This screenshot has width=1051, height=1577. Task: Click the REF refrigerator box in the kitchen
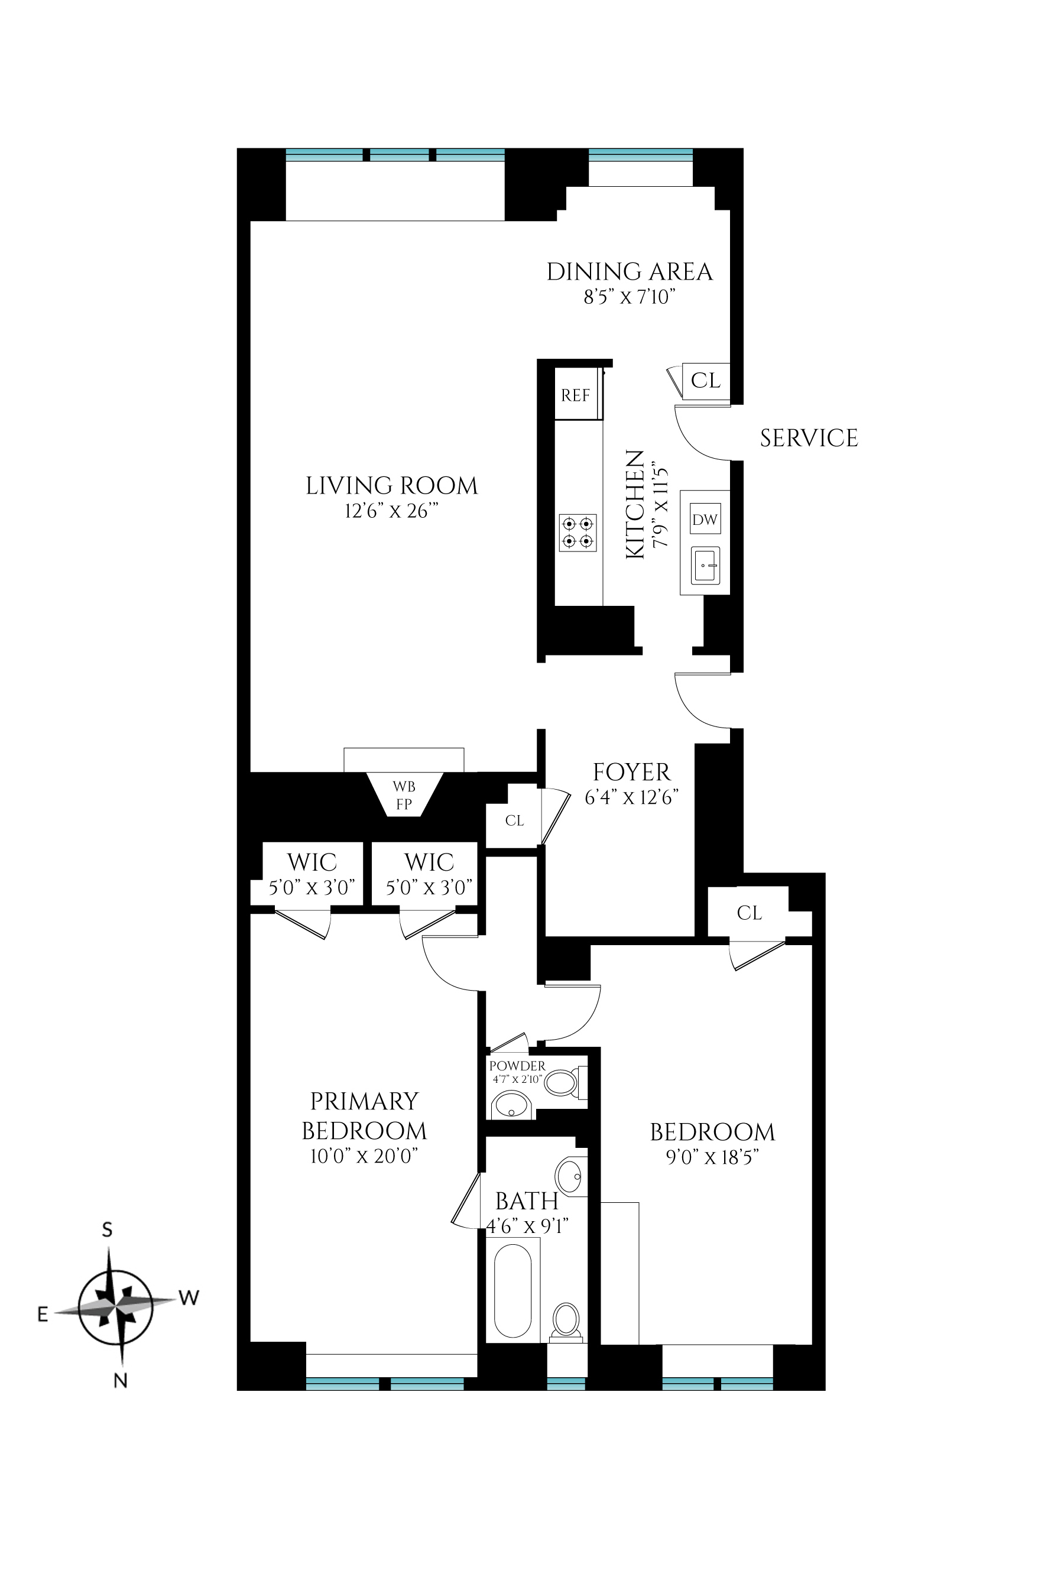(x=576, y=395)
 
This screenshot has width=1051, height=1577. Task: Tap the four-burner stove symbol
(x=577, y=533)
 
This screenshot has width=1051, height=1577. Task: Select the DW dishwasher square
(x=705, y=519)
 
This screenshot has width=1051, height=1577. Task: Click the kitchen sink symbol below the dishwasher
(x=705, y=565)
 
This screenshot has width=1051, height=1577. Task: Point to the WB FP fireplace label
(x=404, y=795)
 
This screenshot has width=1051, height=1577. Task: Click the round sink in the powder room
(x=511, y=1105)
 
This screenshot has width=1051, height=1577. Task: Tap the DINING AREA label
(x=630, y=271)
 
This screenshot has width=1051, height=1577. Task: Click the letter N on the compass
(x=120, y=1380)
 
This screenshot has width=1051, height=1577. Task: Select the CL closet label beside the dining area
(x=705, y=380)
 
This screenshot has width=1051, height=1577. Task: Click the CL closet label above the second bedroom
(x=749, y=913)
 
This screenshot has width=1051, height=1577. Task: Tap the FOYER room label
(x=631, y=772)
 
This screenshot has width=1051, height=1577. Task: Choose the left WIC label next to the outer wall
(x=312, y=862)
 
